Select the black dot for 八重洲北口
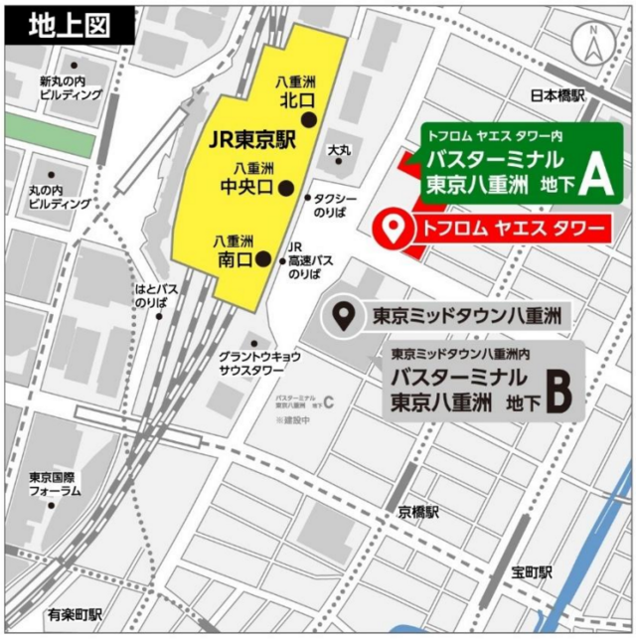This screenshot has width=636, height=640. pos(309,119)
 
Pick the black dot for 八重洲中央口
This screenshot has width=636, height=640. pos(287,187)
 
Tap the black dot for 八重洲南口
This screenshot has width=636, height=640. pos(263,259)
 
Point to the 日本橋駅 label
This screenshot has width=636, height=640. pos(557,96)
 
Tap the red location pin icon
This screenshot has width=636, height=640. pos(396,229)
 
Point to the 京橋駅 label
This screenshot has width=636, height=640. pos(418,512)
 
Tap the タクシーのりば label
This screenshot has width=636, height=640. pos(334,205)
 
